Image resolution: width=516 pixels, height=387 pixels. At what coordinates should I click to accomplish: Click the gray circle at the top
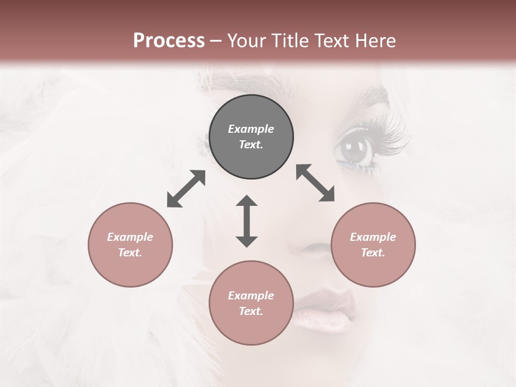(x=251, y=137)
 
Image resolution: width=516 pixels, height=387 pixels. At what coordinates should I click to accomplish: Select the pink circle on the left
(x=130, y=245)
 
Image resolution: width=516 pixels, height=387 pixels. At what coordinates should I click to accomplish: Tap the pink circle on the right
(x=373, y=245)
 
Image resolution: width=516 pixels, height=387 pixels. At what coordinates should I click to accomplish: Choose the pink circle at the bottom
(x=251, y=303)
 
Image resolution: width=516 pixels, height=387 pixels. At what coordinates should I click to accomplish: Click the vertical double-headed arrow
(x=247, y=221)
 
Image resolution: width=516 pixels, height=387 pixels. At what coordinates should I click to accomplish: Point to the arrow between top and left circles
(x=186, y=189)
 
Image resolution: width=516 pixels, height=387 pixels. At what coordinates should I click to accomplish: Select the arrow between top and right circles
(x=315, y=183)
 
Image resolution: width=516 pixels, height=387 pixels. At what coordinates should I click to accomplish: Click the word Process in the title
(x=169, y=40)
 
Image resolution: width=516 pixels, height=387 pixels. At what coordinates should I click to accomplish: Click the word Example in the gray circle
(x=251, y=129)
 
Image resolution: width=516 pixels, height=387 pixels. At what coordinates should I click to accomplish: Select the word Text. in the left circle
(x=130, y=253)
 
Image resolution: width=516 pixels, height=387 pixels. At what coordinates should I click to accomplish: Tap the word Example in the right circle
(x=373, y=237)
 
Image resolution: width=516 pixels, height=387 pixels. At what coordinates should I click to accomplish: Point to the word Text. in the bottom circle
(x=251, y=311)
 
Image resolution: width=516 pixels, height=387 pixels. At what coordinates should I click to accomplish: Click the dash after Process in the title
(x=216, y=41)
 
